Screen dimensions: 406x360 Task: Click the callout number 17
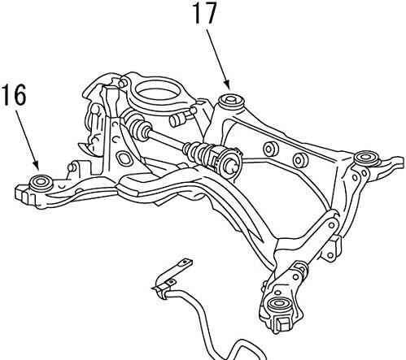[x=205, y=14]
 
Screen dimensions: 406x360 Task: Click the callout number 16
[x=15, y=94]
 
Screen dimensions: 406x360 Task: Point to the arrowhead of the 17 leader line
[x=228, y=85]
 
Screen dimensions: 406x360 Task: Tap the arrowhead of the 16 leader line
[x=37, y=167]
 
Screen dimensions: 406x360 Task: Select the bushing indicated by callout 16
[x=41, y=183]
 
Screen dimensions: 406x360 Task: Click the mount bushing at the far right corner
[x=367, y=158]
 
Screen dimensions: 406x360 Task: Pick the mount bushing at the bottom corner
[x=278, y=305]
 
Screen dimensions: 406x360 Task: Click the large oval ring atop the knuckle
[x=157, y=90]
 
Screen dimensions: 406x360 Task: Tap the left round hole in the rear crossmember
[x=270, y=148]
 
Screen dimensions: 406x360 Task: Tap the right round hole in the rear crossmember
[x=300, y=160]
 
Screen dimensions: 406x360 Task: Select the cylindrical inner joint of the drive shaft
[x=230, y=163]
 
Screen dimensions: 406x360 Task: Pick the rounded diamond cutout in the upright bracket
[x=124, y=158]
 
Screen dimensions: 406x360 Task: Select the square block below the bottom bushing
[x=282, y=324]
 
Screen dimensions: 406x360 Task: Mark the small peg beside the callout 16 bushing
[x=72, y=168]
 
